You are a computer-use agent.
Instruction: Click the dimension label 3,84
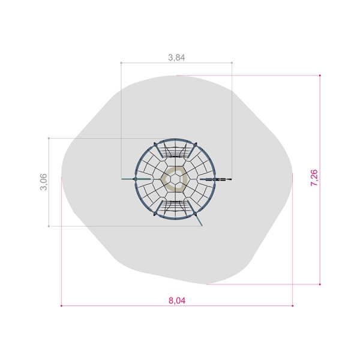pos(176,58)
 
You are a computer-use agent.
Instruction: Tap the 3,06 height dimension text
pos(43,182)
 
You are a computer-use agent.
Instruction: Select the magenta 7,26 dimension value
pos(314,178)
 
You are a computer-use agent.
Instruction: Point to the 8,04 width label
pos(177,301)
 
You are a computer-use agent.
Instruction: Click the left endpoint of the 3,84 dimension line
pos(121,62)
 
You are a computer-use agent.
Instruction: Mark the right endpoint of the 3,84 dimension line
pos(232,62)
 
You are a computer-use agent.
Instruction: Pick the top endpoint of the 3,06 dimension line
pos(49,138)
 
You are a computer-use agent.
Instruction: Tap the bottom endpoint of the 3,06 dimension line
pos(49,226)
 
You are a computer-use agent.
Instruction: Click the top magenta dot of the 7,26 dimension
pos(320,76)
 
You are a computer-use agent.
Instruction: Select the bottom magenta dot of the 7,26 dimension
pos(320,284)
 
